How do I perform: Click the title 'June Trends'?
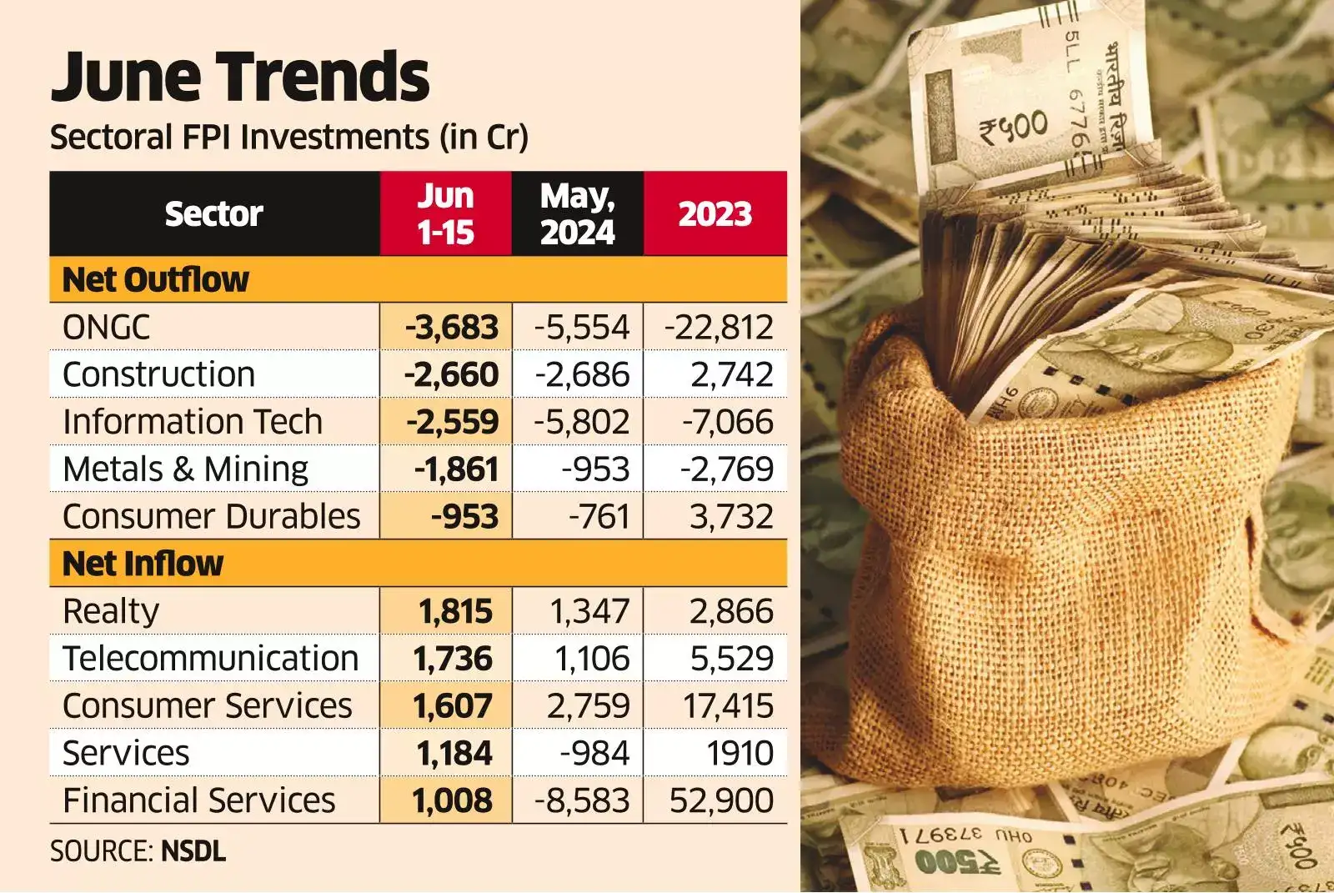tap(240, 77)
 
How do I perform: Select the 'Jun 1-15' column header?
tap(445, 214)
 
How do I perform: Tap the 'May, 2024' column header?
tap(577, 214)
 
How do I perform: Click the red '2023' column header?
tap(715, 214)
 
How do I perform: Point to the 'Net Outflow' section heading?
tap(156, 280)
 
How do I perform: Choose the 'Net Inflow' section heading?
tap(143, 564)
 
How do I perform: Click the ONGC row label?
tap(106, 328)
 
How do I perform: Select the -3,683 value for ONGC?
tap(452, 328)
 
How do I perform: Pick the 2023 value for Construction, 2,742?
tap(732, 375)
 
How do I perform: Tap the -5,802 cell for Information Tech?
tap(582, 422)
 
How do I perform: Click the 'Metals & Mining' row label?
tap(185, 469)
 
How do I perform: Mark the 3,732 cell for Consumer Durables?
tap(731, 517)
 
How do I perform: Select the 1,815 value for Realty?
tap(455, 612)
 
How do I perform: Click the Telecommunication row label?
tap(210, 659)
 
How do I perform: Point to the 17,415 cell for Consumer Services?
tap(728, 706)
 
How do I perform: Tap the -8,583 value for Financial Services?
tap(582, 801)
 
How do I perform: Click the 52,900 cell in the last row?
tap(721, 801)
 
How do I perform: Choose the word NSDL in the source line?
tap(193, 851)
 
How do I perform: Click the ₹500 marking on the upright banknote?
tap(1014, 128)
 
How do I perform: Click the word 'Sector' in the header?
tap(213, 214)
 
